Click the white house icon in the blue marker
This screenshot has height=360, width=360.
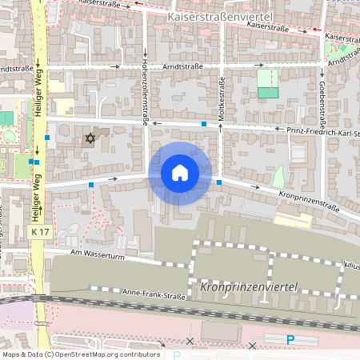180,173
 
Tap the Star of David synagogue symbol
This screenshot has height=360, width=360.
90,139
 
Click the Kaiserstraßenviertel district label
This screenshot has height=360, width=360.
221,16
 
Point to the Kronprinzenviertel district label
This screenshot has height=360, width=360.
249,286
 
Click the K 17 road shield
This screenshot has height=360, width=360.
41,231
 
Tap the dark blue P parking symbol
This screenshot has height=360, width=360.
291,339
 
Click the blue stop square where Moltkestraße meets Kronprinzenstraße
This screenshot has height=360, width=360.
219,182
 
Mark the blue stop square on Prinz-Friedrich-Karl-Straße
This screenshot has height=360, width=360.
205,124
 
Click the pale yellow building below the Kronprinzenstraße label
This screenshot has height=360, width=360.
294,218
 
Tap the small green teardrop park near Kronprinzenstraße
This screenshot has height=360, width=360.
278,177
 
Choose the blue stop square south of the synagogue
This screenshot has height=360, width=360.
91,185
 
